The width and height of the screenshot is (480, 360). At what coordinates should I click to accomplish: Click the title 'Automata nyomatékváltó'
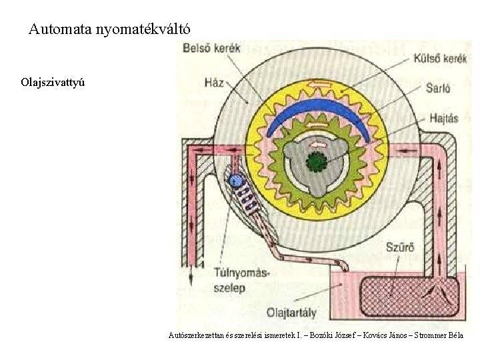(109, 29)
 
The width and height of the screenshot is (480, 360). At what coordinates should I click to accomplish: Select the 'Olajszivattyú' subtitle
(53, 83)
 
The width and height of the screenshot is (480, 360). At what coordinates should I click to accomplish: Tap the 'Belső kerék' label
(211, 49)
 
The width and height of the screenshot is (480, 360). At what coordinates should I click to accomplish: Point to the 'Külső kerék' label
(440, 58)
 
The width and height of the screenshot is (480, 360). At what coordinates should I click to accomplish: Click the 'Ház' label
(214, 83)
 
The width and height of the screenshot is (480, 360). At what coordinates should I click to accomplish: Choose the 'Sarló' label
(438, 88)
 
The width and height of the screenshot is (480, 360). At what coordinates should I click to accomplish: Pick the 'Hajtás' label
(444, 118)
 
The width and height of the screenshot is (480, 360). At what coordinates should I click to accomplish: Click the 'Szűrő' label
(400, 247)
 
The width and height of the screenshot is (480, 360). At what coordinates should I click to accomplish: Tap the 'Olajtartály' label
(291, 313)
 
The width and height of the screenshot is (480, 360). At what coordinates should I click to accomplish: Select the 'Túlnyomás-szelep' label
(241, 280)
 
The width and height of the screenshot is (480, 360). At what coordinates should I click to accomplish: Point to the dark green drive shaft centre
(317, 161)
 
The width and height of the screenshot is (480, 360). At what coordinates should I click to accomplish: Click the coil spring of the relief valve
(248, 199)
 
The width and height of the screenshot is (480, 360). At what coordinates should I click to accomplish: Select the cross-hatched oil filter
(409, 297)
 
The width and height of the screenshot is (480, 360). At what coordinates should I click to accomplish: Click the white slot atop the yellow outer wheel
(320, 83)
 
